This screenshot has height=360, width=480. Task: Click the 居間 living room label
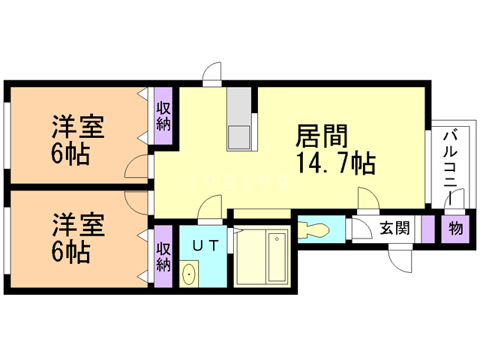[322, 136]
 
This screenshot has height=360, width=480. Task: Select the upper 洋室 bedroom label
[78, 126]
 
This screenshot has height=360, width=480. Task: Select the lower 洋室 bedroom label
[78, 225]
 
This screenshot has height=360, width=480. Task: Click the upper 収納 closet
[163, 116]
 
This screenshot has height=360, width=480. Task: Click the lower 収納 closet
[163, 256]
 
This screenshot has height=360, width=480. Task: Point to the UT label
[205, 245]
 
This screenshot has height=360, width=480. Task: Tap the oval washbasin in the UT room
[189, 274]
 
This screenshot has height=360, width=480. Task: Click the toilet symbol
[313, 229]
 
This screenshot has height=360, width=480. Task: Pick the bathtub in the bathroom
[277, 257]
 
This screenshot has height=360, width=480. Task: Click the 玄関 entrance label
[394, 228]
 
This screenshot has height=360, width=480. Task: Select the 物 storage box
[455, 229]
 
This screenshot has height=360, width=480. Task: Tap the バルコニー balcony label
[450, 168]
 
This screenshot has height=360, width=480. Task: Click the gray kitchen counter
[239, 118]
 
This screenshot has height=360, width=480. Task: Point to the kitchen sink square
[239, 138]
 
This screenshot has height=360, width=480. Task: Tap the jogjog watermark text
[239, 181]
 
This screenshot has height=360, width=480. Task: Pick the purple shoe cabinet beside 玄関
[428, 229]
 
